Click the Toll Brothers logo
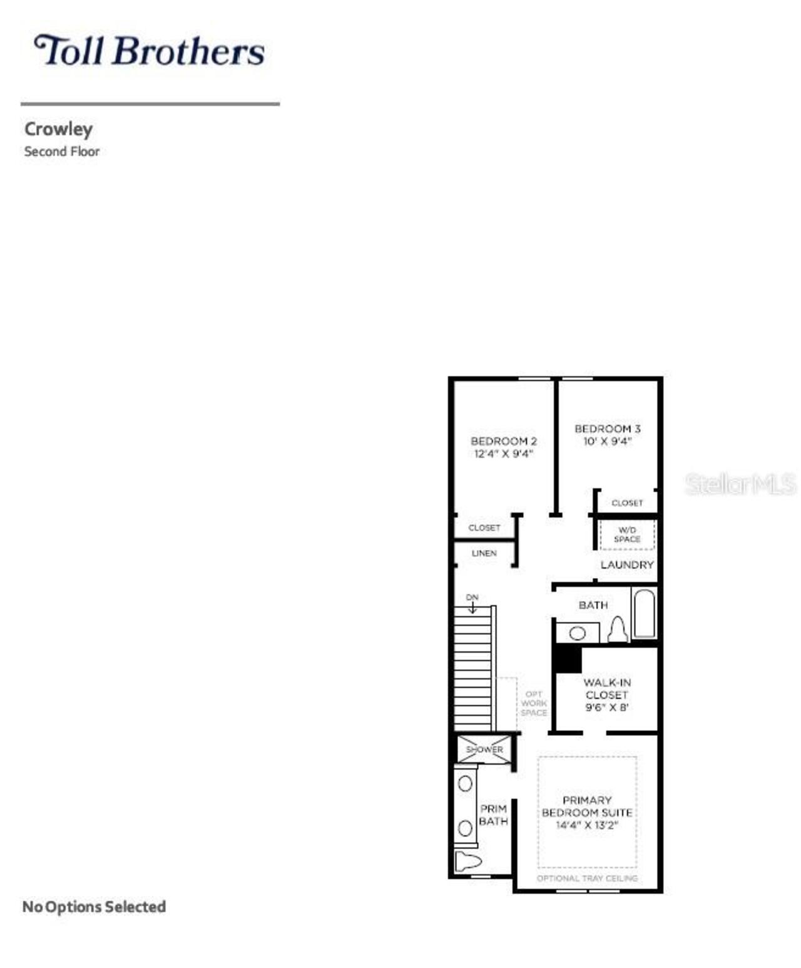click(149, 51)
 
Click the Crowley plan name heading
click(58, 130)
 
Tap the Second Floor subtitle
click(61, 151)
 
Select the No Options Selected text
click(94, 907)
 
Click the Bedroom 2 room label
click(503, 441)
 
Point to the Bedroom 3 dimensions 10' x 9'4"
click(607, 442)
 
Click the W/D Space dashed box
click(626, 535)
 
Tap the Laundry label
click(626, 564)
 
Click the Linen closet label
click(484, 553)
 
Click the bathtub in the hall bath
click(643, 613)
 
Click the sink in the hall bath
click(577, 633)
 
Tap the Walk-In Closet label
click(606, 695)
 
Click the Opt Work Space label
click(534, 703)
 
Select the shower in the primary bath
click(484, 749)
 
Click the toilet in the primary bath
click(467, 861)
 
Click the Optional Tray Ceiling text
click(586, 879)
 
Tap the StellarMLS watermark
click(740, 484)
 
